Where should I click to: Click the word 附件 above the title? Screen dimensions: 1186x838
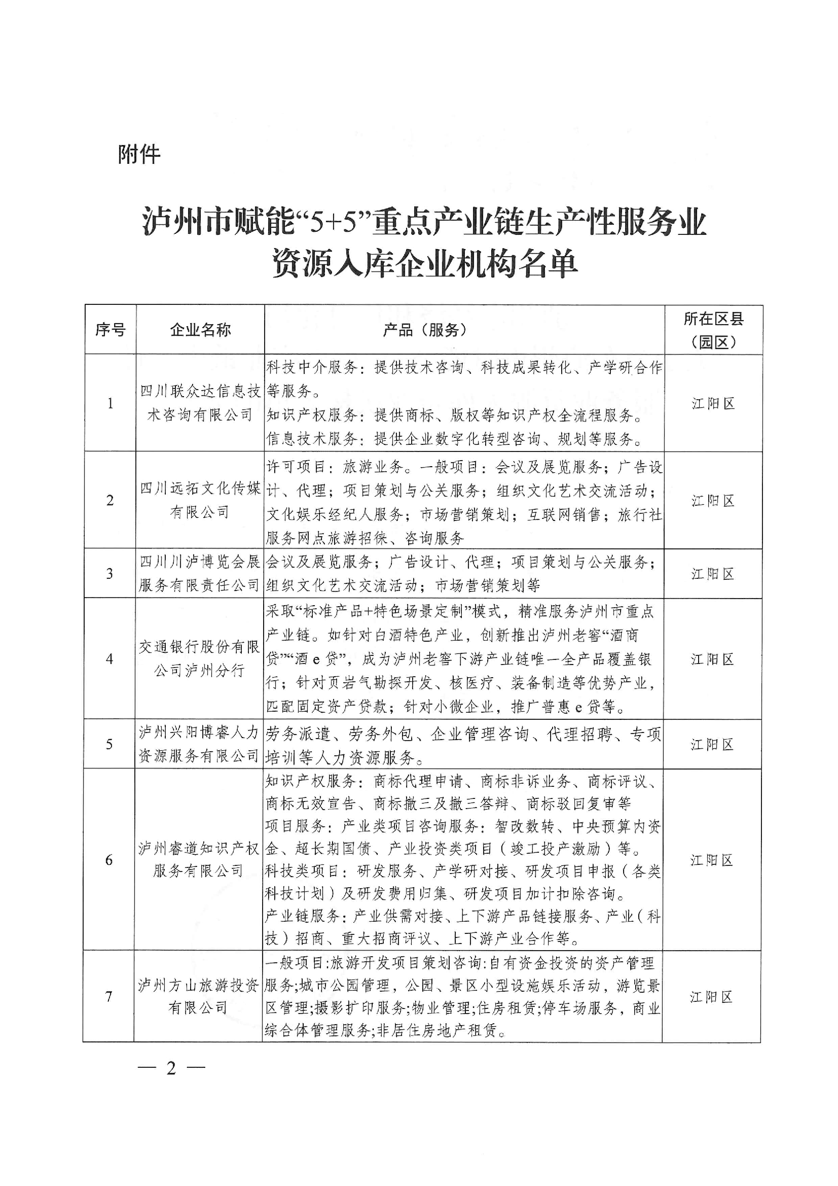point(139,154)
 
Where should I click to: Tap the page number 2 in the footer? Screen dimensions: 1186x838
point(171,1068)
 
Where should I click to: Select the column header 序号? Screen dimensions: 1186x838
point(110,330)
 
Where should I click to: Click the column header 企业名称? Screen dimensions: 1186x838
point(200,330)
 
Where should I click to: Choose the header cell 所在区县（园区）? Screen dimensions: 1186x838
point(713,330)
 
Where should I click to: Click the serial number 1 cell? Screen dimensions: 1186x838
point(110,403)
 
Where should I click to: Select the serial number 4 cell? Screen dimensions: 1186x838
point(110,658)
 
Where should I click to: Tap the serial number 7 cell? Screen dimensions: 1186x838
point(109,996)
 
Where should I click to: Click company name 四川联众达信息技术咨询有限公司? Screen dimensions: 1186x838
point(200,403)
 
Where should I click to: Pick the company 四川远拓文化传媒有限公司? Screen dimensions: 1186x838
point(200,500)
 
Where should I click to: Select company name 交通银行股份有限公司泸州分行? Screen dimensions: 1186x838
point(199,658)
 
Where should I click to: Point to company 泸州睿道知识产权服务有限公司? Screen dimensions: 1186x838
point(199,860)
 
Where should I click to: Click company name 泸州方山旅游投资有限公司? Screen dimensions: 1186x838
point(198,996)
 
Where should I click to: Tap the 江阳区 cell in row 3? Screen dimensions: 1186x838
point(713,574)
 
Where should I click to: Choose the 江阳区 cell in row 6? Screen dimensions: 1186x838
point(711,860)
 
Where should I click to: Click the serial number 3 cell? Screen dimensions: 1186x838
point(110,574)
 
